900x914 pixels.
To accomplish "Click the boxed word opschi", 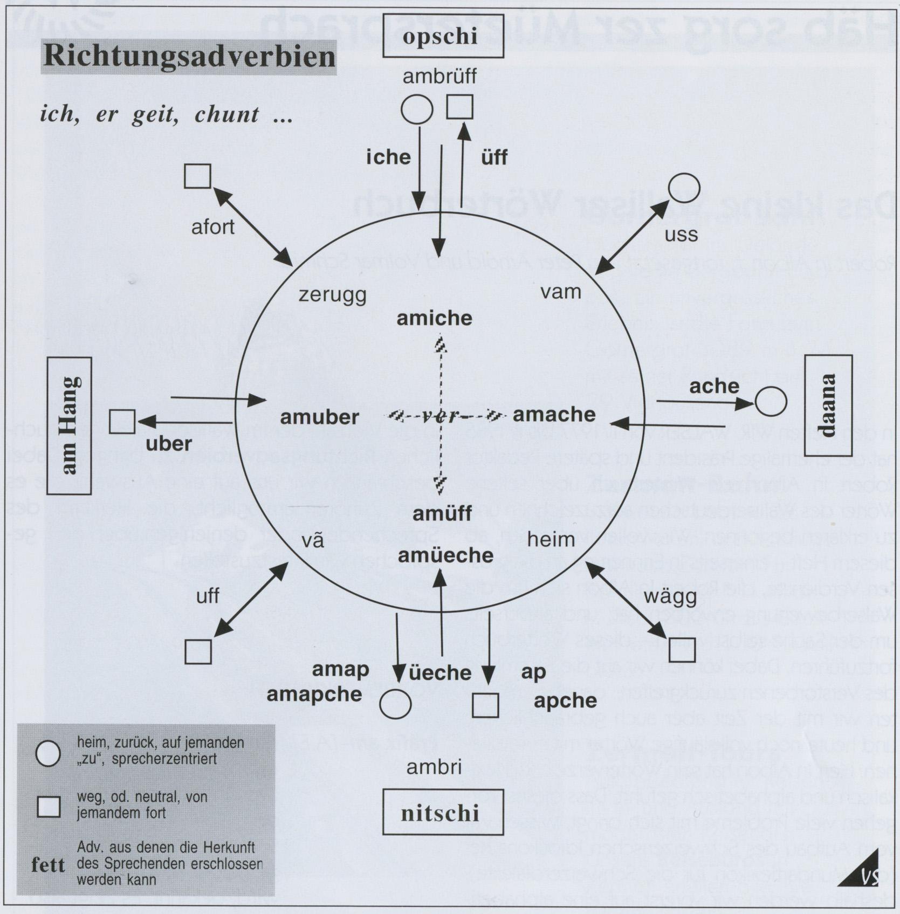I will click(443, 36).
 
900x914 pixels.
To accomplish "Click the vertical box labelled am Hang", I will click(69, 425).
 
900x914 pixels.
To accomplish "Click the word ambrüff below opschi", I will click(439, 77).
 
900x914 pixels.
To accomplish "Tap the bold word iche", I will click(388, 157).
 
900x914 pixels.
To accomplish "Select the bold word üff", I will click(494, 157).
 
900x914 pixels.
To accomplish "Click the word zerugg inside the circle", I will click(332, 295).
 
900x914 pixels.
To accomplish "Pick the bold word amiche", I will click(434, 318).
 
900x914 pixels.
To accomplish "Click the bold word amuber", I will click(319, 417).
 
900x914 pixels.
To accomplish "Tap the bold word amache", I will click(554, 414).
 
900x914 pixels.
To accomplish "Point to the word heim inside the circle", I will click(551, 539).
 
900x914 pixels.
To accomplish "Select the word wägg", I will click(670, 596).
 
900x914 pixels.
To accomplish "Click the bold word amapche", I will click(314, 694).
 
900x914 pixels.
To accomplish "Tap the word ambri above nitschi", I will click(434, 767).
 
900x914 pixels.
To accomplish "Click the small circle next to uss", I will click(684, 188).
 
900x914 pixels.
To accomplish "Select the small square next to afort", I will click(197, 176).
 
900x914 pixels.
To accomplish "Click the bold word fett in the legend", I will click(48, 865).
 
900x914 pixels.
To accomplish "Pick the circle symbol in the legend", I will click(47, 753).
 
